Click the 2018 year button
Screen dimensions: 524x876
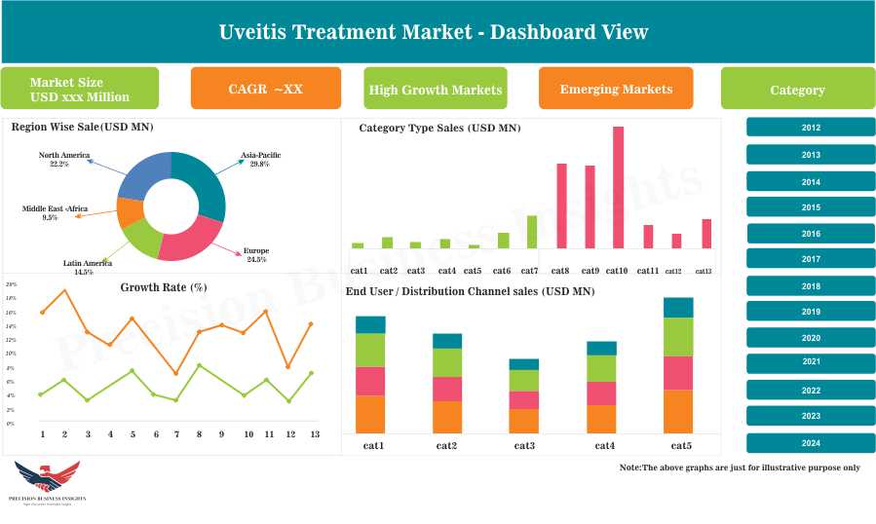pyautogui.click(x=810, y=286)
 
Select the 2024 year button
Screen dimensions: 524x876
pyautogui.click(x=810, y=443)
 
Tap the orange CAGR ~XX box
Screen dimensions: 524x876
pyautogui.click(x=265, y=89)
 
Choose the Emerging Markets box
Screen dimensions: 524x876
pyautogui.click(x=616, y=89)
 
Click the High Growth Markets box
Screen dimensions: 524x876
pyautogui.click(x=436, y=90)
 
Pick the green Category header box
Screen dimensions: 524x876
pyautogui.click(x=797, y=90)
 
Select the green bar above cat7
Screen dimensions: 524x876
pyautogui.click(x=531, y=232)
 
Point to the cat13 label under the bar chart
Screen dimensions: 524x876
pyautogui.click(x=704, y=271)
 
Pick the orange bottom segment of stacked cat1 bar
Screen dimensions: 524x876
pyautogui.click(x=370, y=413)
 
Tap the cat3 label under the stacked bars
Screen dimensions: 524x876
pyautogui.click(x=523, y=445)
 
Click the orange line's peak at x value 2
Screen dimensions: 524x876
pyautogui.click(x=64, y=290)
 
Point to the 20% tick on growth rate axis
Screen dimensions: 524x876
pyautogui.click(x=12, y=284)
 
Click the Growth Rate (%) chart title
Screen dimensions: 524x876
pyautogui.click(x=164, y=287)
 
